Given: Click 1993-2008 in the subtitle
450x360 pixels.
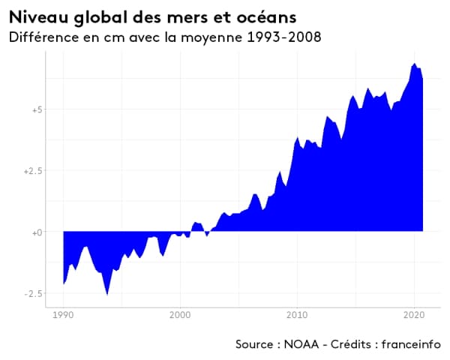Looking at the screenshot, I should coord(284,37).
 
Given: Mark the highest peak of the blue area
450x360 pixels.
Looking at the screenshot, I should coord(413,64).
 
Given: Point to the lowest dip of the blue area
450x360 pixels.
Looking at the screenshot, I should coord(107,294).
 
